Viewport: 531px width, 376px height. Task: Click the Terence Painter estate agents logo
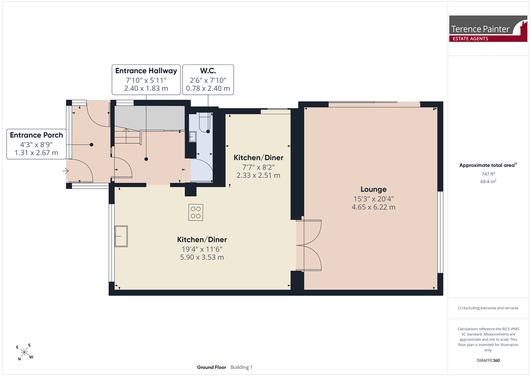click(x=488, y=29)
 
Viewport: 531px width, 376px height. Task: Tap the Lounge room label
click(x=373, y=189)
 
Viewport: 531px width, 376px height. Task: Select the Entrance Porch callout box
click(x=36, y=144)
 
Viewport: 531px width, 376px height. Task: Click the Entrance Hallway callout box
click(x=146, y=80)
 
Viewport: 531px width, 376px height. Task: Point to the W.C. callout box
click(x=208, y=80)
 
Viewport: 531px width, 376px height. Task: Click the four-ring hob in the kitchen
click(x=195, y=212)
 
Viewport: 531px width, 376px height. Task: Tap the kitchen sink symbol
click(x=121, y=236)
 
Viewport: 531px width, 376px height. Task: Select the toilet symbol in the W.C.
click(x=205, y=122)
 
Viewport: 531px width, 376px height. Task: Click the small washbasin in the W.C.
click(x=192, y=137)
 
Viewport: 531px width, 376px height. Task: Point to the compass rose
click(x=24, y=352)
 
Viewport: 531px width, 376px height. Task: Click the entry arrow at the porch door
click(x=66, y=171)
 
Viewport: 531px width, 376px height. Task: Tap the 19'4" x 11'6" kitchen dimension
click(x=202, y=249)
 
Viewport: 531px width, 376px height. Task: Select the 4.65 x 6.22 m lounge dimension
click(x=373, y=207)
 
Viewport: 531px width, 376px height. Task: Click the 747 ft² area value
click(x=488, y=174)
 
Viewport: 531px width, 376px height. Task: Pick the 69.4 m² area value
click(x=488, y=182)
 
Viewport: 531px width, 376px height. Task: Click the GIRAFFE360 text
click(x=488, y=360)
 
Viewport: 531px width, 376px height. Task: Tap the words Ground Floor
click(x=212, y=367)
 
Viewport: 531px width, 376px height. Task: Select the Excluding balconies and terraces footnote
click(x=488, y=308)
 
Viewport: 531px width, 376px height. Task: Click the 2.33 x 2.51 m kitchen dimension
click(x=258, y=175)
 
